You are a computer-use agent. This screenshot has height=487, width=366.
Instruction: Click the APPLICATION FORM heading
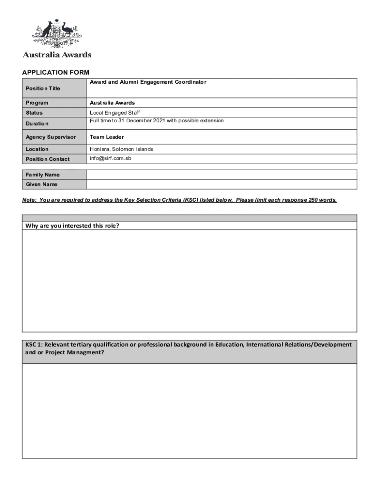[56, 72]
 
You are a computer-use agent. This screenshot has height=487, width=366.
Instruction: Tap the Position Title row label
[43, 88]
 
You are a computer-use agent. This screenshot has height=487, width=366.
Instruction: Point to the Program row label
[37, 103]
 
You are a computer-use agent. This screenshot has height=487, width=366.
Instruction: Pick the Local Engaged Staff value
[115, 113]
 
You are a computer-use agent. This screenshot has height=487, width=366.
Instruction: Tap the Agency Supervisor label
[51, 137]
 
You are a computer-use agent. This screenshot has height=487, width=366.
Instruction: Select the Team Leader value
[107, 137]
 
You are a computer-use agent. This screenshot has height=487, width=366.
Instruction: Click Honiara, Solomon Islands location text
[122, 149]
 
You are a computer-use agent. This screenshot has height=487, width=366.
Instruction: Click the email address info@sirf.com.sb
[110, 158]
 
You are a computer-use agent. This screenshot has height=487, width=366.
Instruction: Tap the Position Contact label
[48, 159]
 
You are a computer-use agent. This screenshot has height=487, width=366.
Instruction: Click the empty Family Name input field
[222, 175]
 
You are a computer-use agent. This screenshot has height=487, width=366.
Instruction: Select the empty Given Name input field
[222, 185]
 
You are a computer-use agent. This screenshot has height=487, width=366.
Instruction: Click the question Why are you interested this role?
[71, 225]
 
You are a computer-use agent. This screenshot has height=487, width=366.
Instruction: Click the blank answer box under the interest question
[189, 281]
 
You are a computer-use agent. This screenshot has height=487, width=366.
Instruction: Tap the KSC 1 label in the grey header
[34, 344]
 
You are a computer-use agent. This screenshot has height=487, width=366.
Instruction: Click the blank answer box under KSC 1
[189, 410]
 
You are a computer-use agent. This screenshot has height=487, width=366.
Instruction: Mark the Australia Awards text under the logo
[57, 55]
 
